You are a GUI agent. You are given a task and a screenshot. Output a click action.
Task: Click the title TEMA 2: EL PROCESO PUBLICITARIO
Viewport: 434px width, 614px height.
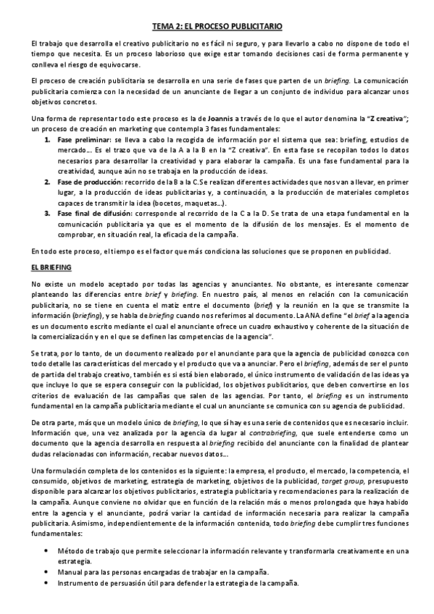coord(217,25)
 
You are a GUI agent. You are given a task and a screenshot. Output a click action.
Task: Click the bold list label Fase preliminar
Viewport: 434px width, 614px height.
coord(84,138)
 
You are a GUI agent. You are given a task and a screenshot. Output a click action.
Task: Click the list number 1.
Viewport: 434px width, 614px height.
coord(48,138)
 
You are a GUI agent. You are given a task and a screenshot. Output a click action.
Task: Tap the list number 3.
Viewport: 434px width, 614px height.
coord(48,214)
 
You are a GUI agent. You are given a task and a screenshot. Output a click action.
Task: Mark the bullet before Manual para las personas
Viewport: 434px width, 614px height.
coord(47,571)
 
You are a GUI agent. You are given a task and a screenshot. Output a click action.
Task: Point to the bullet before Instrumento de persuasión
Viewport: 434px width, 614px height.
coord(47,584)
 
